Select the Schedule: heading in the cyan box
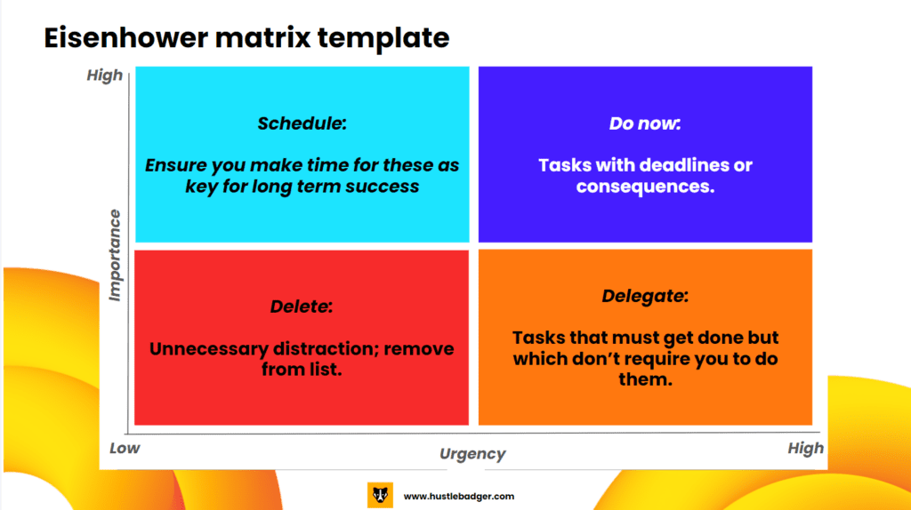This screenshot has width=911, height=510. [302, 123]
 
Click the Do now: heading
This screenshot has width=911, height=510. [645, 123]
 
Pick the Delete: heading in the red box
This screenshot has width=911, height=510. [302, 307]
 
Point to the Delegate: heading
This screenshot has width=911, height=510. [645, 296]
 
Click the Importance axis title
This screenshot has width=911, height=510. [115, 255]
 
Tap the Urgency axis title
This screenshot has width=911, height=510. [472, 454]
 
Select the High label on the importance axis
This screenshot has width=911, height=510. [105, 76]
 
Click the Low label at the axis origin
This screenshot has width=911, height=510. [125, 448]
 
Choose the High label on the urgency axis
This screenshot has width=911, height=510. [806, 448]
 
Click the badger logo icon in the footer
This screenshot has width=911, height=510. [380, 496]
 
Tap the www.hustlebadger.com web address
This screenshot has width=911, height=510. [459, 496]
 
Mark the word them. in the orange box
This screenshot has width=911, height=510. [645, 379]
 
